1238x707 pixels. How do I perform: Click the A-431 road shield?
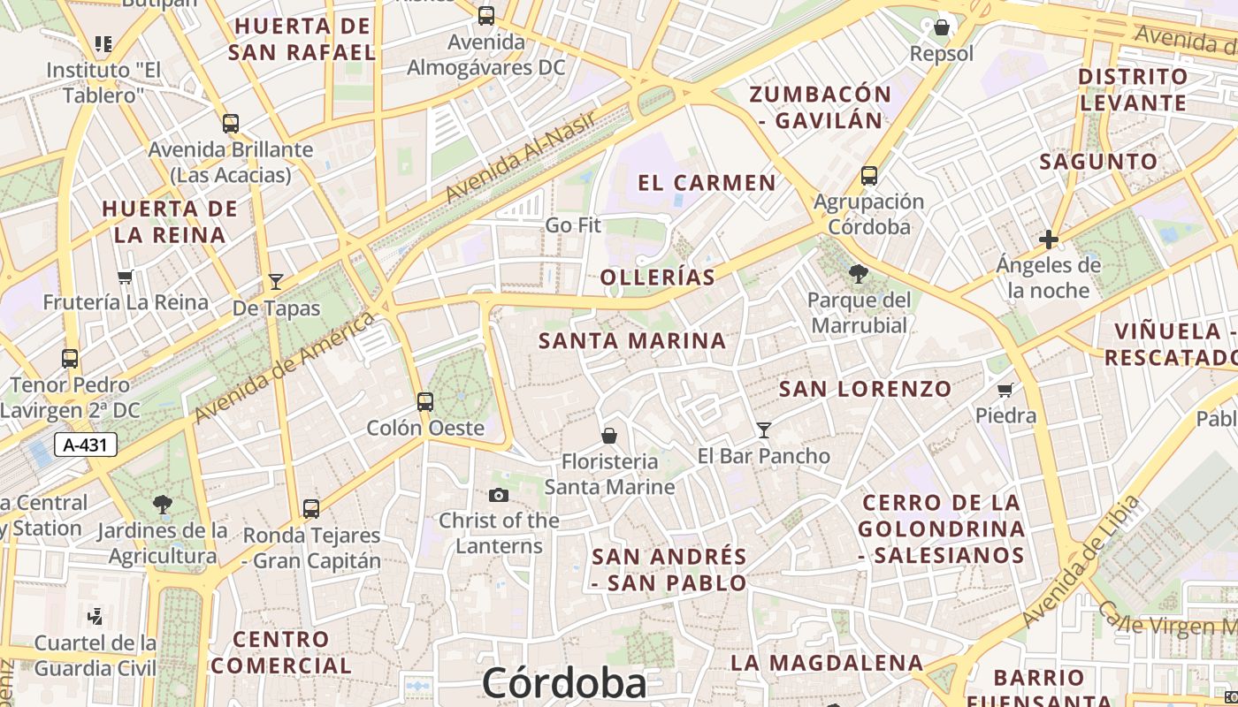(x=86, y=445)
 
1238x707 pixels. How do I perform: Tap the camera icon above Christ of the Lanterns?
(x=499, y=495)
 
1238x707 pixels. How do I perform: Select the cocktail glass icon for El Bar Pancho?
(x=764, y=430)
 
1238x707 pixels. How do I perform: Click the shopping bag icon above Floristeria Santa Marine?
(x=608, y=435)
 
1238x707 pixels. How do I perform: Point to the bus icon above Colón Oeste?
(x=425, y=402)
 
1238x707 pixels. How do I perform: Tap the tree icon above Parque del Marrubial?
(x=858, y=274)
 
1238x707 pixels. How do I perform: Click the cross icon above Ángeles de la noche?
(x=1049, y=239)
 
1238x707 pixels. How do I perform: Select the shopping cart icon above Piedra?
(x=1005, y=390)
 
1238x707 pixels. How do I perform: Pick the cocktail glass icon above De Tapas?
(x=276, y=282)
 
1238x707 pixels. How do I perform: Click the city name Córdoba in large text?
(x=564, y=683)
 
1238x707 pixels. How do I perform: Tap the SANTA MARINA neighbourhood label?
(x=632, y=340)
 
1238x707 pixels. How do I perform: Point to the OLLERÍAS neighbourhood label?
(x=657, y=277)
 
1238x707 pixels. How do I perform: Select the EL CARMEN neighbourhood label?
(x=707, y=183)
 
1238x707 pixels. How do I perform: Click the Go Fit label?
(x=573, y=225)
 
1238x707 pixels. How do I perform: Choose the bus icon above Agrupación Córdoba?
(x=869, y=176)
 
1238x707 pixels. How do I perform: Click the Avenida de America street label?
(x=285, y=367)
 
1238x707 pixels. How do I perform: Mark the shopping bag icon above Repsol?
(x=942, y=27)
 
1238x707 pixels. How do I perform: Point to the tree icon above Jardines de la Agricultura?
(x=162, y=505)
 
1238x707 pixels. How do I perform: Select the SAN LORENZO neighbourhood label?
(x=865, y=389)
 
